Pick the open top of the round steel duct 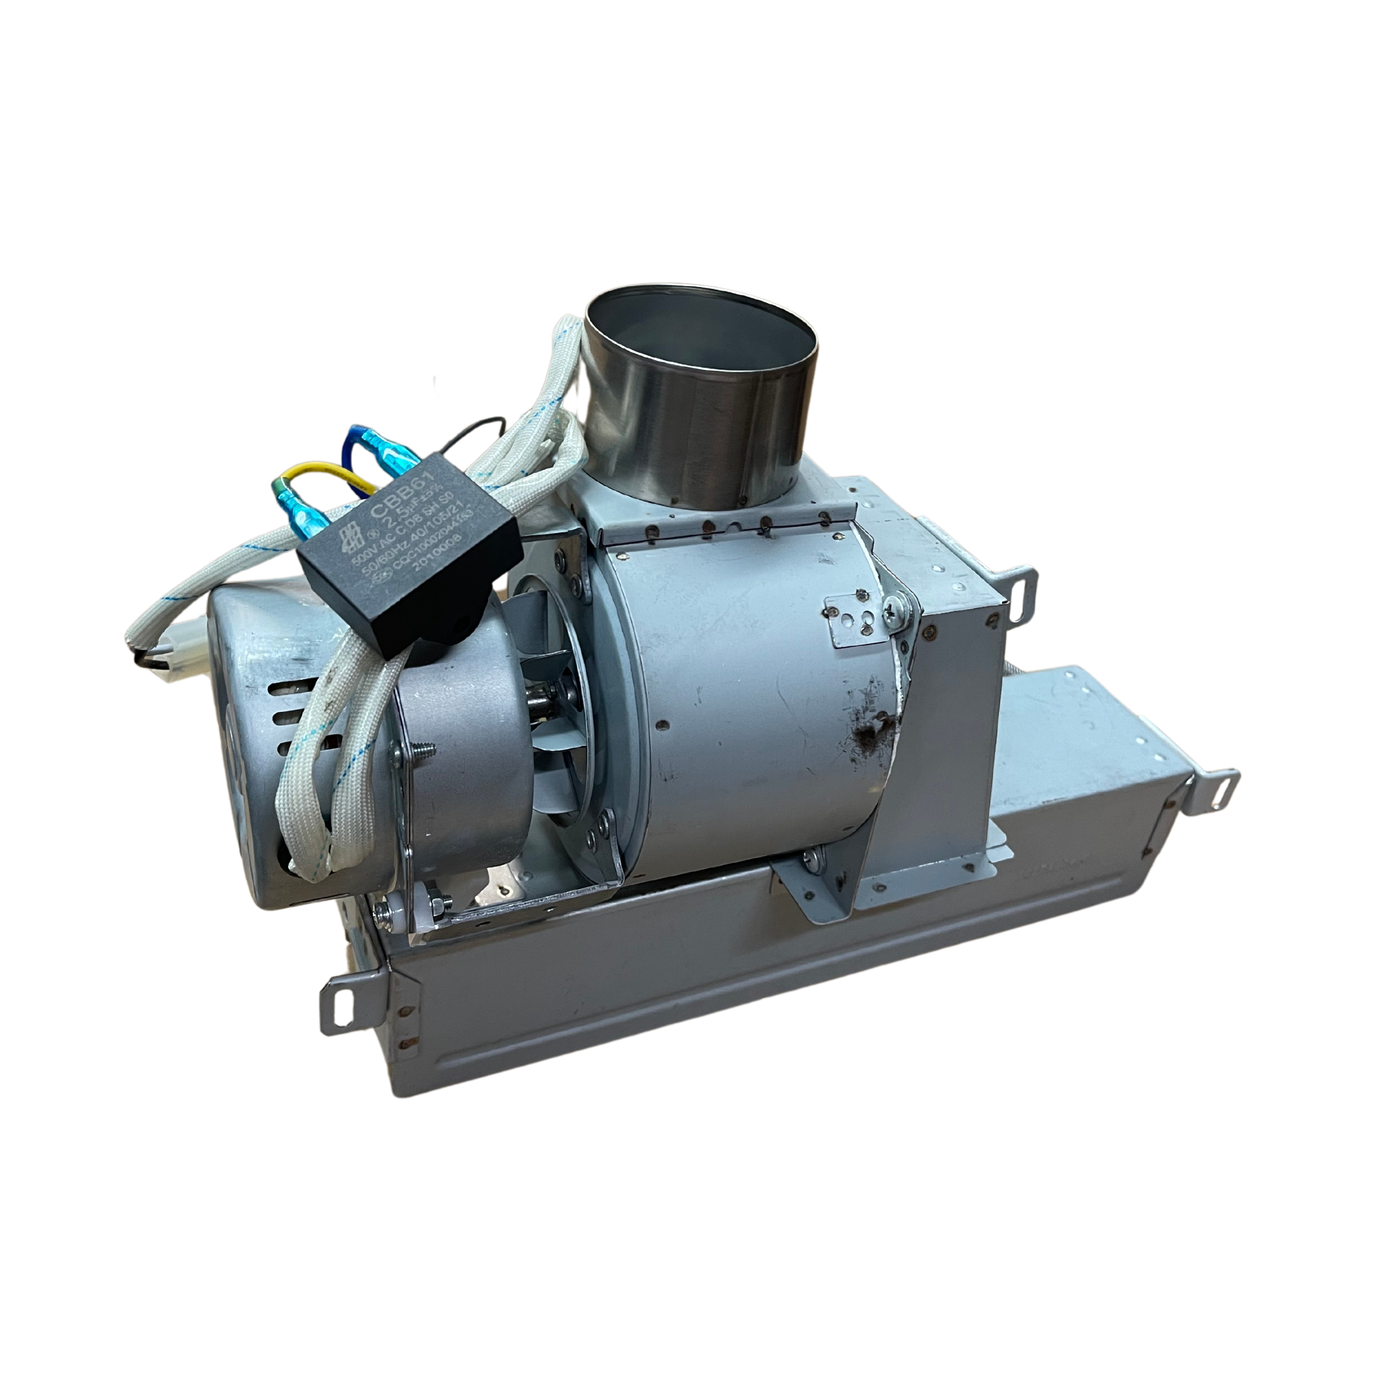[x=701, y=328]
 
